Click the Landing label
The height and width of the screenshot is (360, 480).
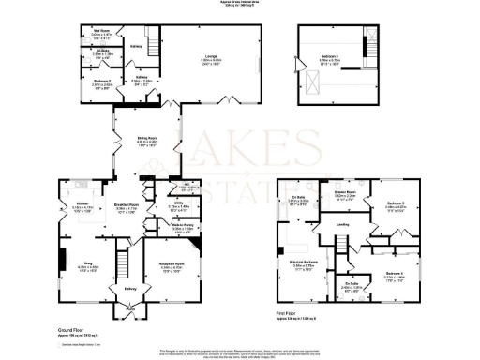(343, 224)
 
